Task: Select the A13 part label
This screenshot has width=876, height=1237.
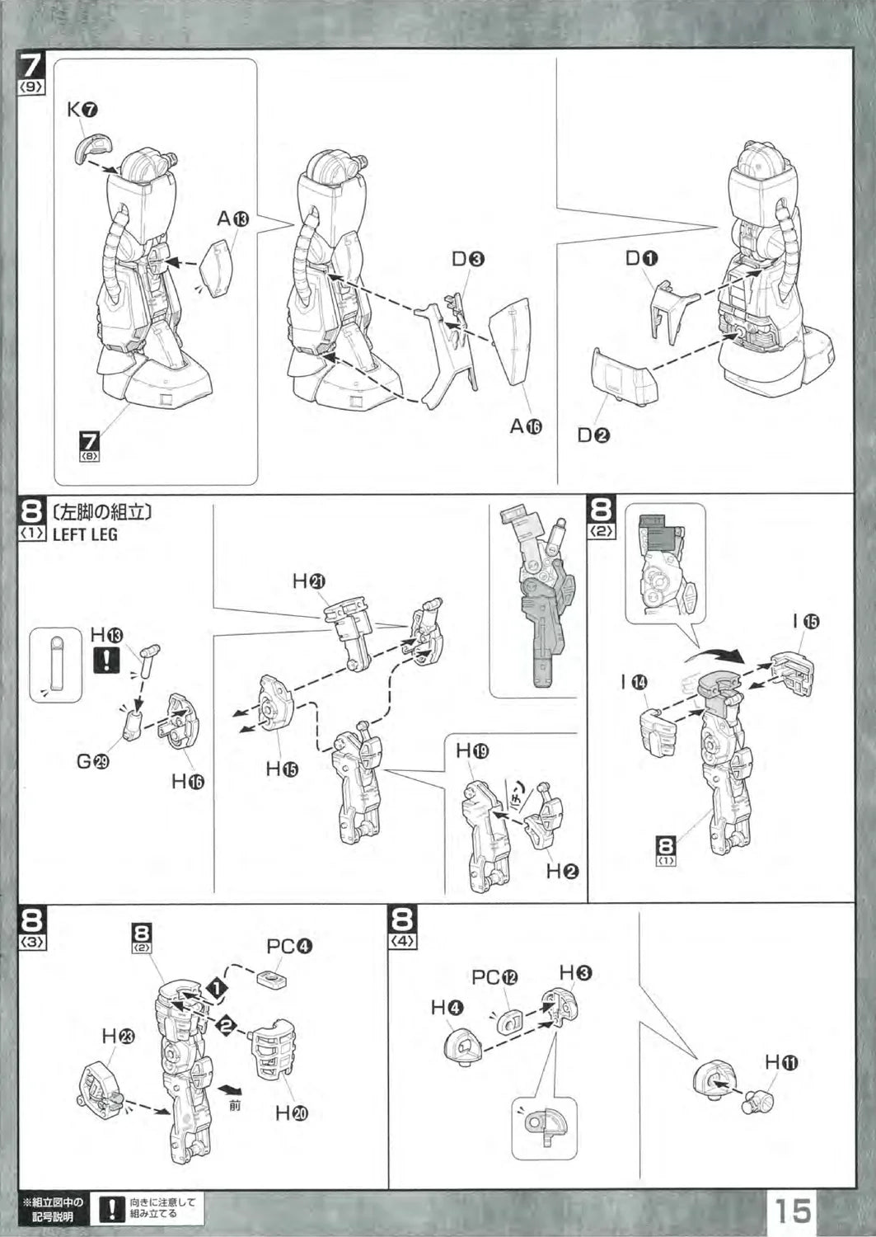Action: click(x=232, y=219)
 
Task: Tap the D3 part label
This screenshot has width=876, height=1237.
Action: click(x=467, y=260)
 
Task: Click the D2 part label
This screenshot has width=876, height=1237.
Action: click(x=593, y=435)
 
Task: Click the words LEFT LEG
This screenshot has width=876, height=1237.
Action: click(x=85, y=534)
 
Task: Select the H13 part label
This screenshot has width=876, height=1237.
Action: click(x=107, y=635)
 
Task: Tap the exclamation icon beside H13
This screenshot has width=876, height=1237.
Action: click(x=107, y=660)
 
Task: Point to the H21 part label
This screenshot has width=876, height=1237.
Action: click(x=309, y=581)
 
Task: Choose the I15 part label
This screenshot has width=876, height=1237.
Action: click(x=806, y=622)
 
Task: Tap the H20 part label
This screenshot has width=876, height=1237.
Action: click(x=291, y=1114)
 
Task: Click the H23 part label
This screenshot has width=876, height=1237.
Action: click(x=118, y=1037)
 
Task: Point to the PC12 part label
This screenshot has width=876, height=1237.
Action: click(x=494, y=977)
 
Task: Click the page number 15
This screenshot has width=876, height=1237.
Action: click(x=792, y=1210)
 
